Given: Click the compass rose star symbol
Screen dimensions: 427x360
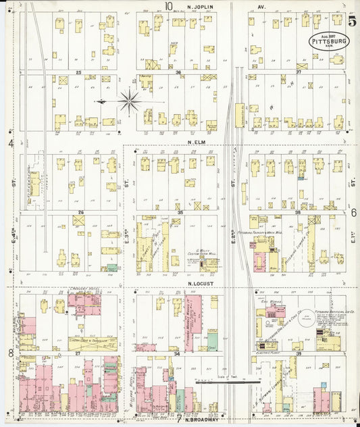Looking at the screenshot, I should click(x=129, y=103).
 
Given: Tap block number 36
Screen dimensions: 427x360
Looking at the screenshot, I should click(x=178, y=72).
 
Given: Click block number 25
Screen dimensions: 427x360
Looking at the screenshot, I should click(x=78, y=72).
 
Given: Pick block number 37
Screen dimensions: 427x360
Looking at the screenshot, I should click(x=298, y=72).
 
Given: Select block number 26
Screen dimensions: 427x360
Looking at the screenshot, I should click(x=80, y=212).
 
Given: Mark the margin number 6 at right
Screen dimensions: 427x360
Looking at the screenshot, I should click(x=353, y=212).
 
